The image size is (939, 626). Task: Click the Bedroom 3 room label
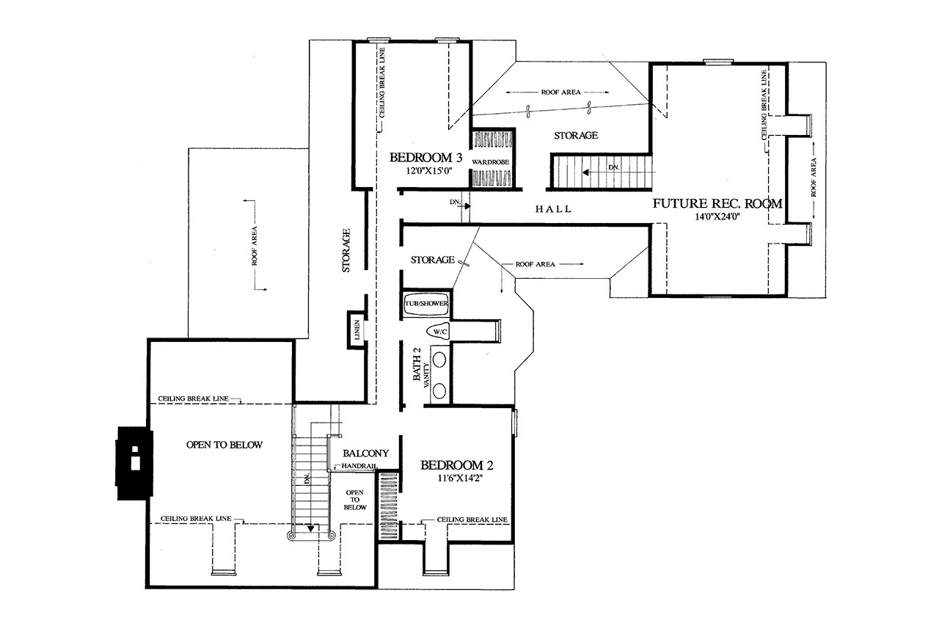coord(425,157)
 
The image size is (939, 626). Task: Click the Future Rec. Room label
coord(718,203)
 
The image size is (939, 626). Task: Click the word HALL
coord(553,209)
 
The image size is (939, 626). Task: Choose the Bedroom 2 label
coord(456,465)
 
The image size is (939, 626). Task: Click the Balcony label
coord(365,454)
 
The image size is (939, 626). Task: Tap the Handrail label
coord(359,467)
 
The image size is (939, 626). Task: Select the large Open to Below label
coord(225,445)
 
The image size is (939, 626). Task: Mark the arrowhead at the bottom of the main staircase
coord(311,527)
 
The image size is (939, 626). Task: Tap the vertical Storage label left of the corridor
coord(346,251)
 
